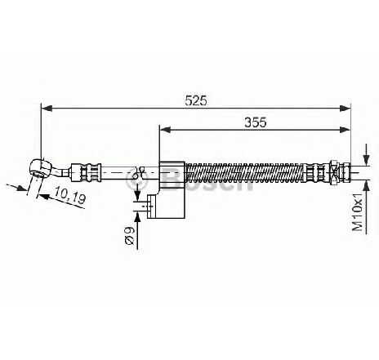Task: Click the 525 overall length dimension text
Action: click(x=196, y=100)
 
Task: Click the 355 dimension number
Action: click(x=255, y=122)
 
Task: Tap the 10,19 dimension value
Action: click(x=70, y=195)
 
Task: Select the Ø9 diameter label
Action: click(x=131, y=236)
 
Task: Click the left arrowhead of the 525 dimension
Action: click(x=47, y=109)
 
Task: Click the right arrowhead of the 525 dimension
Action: click(x=345, y=109)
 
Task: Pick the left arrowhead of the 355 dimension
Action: click(x=165, y=130)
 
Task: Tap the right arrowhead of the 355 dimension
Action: click(x=345, y=130)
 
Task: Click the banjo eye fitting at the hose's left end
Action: click(x=40, y=169)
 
